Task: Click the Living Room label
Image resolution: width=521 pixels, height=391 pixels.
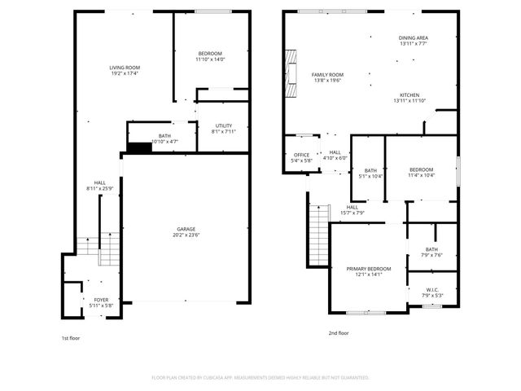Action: pyautogui.click(x=125, y=68)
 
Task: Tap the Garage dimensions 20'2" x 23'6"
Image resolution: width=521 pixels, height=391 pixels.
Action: pyautogui.click(x=186, y=235)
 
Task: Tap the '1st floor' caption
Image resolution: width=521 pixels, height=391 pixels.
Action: pyautogui.click(x=71, y=338)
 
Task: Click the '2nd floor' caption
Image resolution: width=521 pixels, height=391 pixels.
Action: pyautogui.click(x=339, y=332)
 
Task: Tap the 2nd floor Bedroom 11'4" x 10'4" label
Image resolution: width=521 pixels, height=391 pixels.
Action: pyautogui.click(x=421, y=172)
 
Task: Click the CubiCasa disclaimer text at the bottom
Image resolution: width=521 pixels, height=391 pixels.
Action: pyautogui.click(x=260, y=377)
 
